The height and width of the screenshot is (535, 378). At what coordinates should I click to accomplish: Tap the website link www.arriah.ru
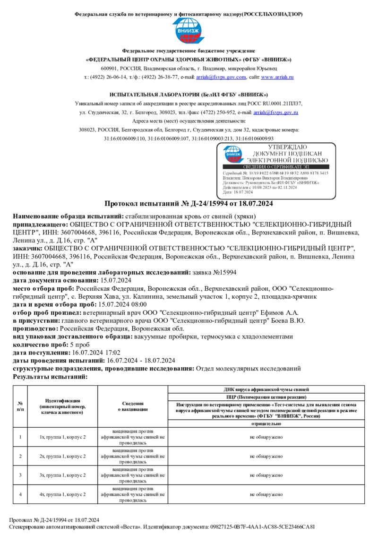pyautogui.click(x=277, y=77)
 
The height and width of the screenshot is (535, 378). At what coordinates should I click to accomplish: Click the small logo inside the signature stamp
pyautogui.click(x=233, y=155)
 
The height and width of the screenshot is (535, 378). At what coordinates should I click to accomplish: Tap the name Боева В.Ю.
pyautogui.click(x=290, y=320)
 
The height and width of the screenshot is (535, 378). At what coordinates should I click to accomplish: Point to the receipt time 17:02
pyautogui.click(x=112, y=352)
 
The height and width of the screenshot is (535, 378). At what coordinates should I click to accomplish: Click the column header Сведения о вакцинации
pyautogui.click(x=133, y=406)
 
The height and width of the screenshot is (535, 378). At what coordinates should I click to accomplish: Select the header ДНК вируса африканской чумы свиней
pyautogui.click(x=266, y=389)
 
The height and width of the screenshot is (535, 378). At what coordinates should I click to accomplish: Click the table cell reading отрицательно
pyautogui.click(x=266, y=423)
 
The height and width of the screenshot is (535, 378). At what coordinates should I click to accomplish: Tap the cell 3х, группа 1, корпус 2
pyautogui.click(x=63, y=475)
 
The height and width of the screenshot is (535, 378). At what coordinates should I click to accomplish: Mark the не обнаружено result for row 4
pyautogui.click(x=266, y=494)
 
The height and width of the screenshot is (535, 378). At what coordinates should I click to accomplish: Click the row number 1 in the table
pyautogui.click(x=20, y=437)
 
